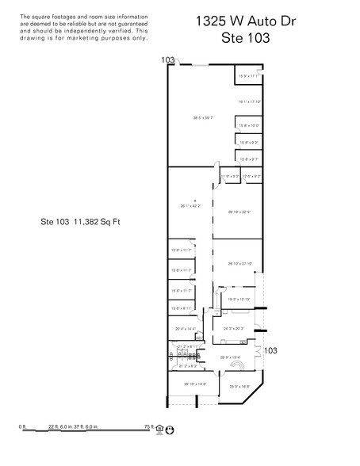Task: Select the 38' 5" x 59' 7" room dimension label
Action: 204,118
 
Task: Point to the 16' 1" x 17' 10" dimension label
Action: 249,101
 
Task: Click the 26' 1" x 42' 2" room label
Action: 190,206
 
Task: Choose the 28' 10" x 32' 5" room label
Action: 239,212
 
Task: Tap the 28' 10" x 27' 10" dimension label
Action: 239,263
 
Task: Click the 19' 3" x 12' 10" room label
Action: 239,299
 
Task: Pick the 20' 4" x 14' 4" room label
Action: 183,328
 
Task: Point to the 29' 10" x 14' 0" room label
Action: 195,384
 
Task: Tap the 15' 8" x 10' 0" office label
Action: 249,125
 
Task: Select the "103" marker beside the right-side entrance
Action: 270,349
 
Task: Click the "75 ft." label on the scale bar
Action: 147,427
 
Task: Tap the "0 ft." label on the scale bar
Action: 23,427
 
